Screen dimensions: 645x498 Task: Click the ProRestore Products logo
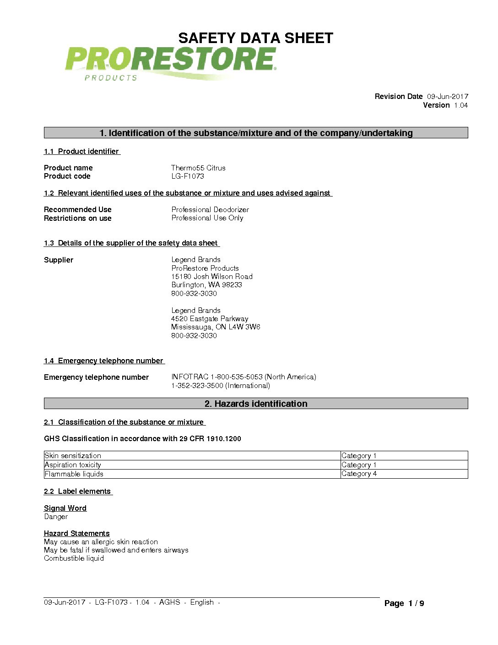(x=170, y=63)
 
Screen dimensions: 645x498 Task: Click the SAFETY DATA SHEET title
(x=255, y=38)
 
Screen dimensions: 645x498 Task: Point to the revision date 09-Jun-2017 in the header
(x=447, y=96)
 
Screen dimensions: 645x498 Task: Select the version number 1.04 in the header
(x=460, y=105)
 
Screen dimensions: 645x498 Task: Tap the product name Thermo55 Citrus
(x=198, y=168)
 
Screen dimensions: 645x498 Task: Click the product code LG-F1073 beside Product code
(x=188, y=176)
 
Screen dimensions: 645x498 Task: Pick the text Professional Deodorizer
(x=210, y=209)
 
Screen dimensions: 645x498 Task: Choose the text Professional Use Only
(x=207, y=218)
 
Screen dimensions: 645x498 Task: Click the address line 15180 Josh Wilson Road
(x=212, y=276)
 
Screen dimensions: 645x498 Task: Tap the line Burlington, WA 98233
(x=206, y=284)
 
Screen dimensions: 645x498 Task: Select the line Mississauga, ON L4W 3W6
(x=216, y=327)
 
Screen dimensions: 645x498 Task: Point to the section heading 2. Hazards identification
(x=256, y=404)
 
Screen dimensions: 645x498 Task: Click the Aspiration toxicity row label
(x=73, y=465)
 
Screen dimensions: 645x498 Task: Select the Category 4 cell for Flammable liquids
(x=359, y=474)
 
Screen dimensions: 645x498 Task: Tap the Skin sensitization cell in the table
(x=73, y=455)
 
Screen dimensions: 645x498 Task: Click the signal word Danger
(x=56, y=517)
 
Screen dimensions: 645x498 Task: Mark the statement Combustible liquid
(x=74, y=558)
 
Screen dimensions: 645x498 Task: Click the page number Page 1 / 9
(x=404, y=603)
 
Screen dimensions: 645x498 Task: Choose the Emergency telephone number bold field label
(x=96, y=377)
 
